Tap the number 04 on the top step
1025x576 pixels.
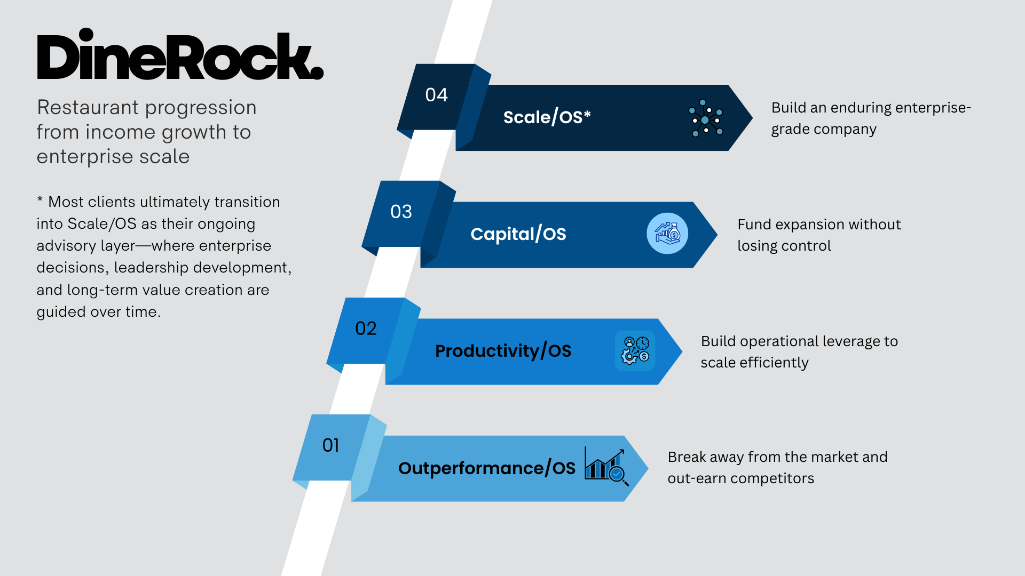(x=436, y=95)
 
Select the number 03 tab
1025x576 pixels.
(x=401, y=212)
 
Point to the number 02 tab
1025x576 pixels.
(x=366, y=329)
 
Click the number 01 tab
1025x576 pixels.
(x=330, y=445)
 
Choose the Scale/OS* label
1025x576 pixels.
(x=547, y=117)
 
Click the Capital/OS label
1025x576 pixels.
(x=518, y=234)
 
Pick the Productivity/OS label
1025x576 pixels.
(x=503, y=351)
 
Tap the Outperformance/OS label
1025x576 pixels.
(x=486, y=468)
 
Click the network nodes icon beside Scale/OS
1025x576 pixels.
(x=705, y=118)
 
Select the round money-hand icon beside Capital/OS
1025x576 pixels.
(x=667, y=234)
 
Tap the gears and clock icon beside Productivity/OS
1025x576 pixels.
(x=635, y=350)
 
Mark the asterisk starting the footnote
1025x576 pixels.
(x=40, y=200)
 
